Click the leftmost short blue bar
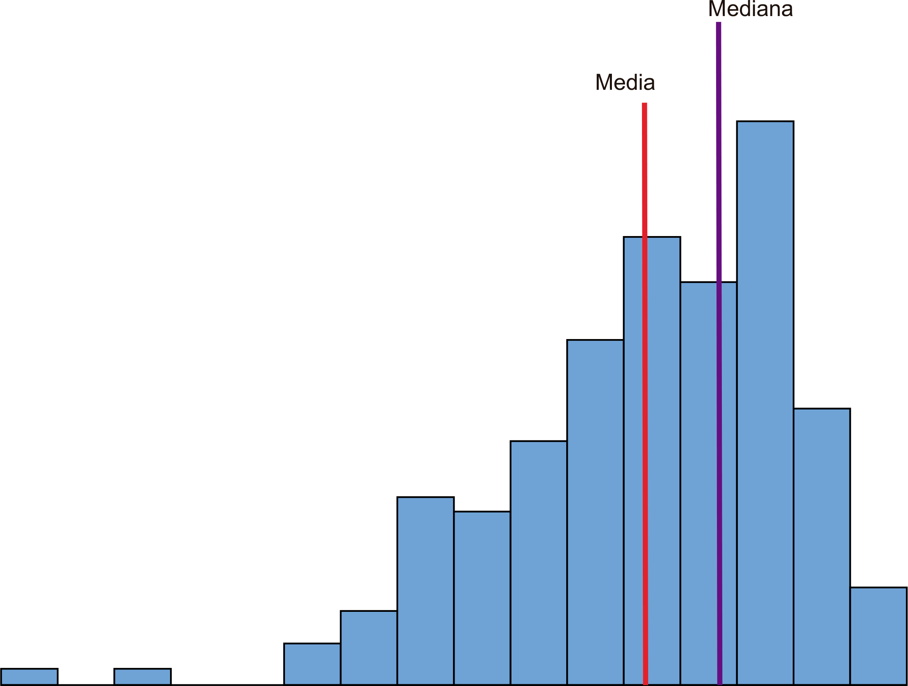tap(29, 677)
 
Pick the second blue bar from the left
tap(142, 677)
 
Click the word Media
tap(625, 82)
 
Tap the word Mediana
tap(750, 9)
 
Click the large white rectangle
tap(210, 211)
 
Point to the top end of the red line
tap(644, 105)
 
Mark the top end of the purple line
tap(718, 24)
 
